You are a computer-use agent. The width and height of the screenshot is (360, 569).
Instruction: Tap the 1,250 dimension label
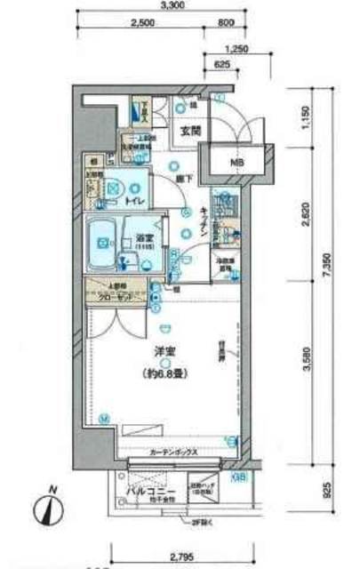tap(236, 50)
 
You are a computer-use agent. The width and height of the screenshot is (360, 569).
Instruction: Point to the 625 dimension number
tap(222, 66)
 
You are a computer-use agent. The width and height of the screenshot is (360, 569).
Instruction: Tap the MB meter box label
tap(236, 162)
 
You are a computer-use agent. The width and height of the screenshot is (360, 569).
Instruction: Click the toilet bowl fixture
tap(113, 188)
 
